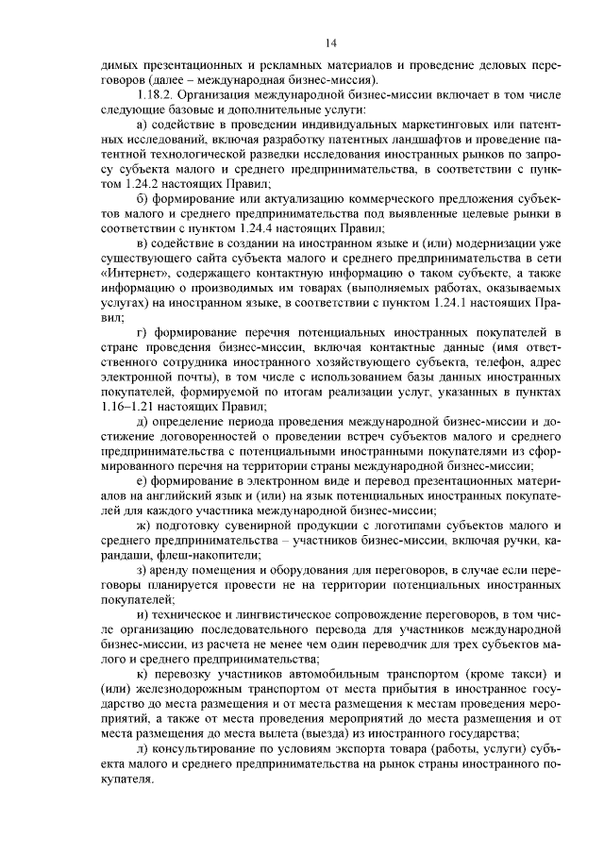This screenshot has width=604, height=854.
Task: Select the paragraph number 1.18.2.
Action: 159,95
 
